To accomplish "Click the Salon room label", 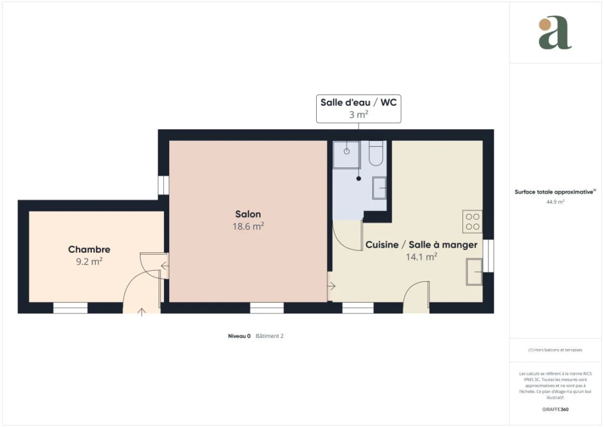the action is [248, 214].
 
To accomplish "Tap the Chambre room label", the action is [89, 249].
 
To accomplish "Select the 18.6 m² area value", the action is [248, 226].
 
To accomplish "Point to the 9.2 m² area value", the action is [89, 261].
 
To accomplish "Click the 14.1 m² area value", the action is [421, 257].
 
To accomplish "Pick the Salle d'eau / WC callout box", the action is [359, 109].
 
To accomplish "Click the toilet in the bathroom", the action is [376, 153].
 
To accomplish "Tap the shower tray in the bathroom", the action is [347, 155].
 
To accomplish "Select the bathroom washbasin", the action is [379, 188].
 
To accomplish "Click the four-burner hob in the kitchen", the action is [472, 221].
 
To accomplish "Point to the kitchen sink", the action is [474, 272].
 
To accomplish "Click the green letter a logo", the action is [555, 32].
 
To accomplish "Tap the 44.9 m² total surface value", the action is [555, 202].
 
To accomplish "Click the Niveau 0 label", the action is [239, 336].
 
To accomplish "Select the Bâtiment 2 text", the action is [270, 336].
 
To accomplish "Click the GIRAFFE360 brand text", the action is [555, 409].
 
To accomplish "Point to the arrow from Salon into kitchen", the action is [331, 286].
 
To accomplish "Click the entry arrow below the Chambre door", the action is [142, 312].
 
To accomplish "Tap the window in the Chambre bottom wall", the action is [70, 308].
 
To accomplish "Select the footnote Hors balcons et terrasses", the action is [555, 350].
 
